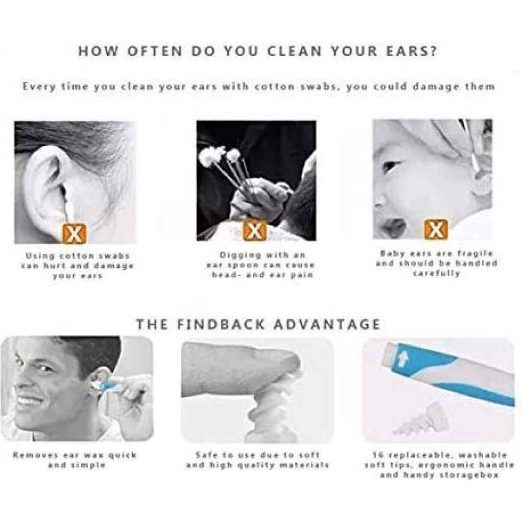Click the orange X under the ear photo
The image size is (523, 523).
click(74, 233)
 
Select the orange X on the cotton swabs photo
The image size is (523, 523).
click(255, 230)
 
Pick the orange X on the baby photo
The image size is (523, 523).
click(436, 229)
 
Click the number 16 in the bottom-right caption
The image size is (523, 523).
click(378, 455)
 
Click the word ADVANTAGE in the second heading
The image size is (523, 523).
click(327, 324)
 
